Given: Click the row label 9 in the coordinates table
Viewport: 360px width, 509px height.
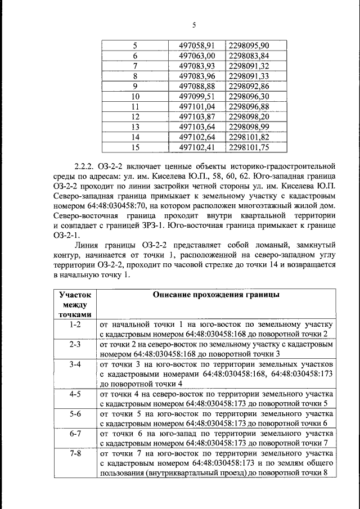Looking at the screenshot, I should [x=135, y=86].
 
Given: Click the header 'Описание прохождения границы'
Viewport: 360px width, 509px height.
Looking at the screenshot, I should [x=217, y=295].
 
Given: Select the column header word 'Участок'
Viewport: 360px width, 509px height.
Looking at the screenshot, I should [x=75, y=295].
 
